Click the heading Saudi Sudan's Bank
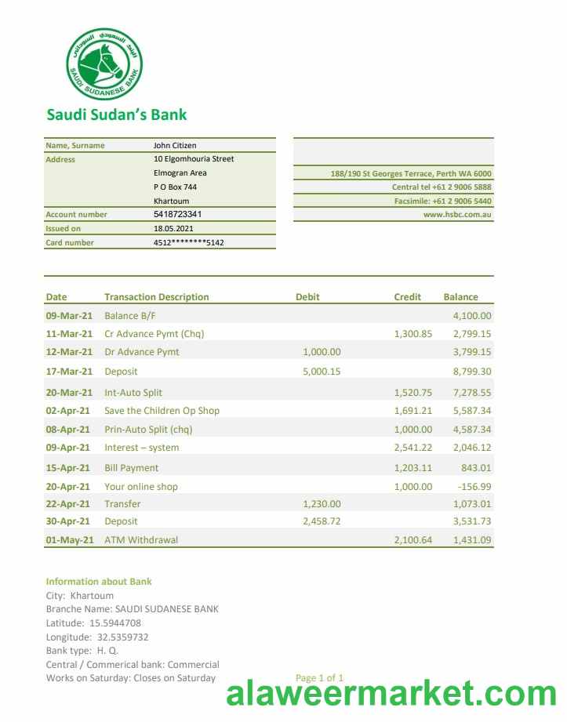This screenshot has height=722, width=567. (x=117, y=114)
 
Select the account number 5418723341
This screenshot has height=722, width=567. (x=177, y=214)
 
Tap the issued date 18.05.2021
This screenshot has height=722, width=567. (x=172, y=228)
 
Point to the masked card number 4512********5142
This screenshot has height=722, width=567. (x=188, y=242)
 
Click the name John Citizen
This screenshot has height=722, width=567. (x=175, y=145)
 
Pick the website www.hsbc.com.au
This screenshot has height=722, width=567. (x=457, y=214)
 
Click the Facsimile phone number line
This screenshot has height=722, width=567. (x=442, y=201)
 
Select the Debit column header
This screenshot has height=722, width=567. (x=307, y=297)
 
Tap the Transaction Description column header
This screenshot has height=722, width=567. (x=157, y=297)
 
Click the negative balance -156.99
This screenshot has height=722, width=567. (x=474, y=486)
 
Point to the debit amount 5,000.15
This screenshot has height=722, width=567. (x=322, y=372)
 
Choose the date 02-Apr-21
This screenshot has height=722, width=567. (x=68, y=411)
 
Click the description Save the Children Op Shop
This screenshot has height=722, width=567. (x=162, y=411)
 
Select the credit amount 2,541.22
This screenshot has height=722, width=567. (x=413, y=448)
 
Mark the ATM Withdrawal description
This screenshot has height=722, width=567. (x=141, y=539)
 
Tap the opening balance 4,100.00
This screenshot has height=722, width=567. (x=472, y=316)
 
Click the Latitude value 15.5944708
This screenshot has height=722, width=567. (x=115, y=623)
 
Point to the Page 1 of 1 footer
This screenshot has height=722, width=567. (x=319, y=677)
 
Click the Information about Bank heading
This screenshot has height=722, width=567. (x=99, y=582)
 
